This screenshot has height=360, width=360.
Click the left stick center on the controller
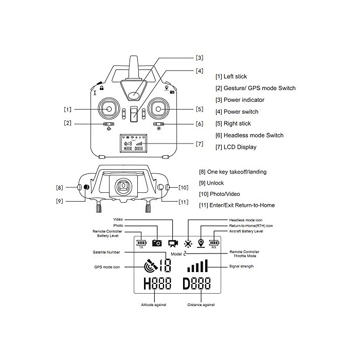click(x=109, y=109)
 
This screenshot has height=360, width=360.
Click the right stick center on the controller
click(x=158, y=109)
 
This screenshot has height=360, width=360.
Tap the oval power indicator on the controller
click(x=134, y=95)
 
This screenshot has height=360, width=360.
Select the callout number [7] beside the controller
click(x=200, y=144)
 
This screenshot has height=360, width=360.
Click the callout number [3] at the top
click(x=200, y=58)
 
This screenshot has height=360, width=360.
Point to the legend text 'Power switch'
click(x=241, y=112)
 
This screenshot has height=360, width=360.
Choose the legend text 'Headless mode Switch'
click(x=254, y=135)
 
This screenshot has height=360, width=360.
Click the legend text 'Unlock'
click(x=215, y=183)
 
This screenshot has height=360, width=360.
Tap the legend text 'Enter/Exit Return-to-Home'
click(x=242, y=205)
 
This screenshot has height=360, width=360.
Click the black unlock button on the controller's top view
click(x=86, y=187)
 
